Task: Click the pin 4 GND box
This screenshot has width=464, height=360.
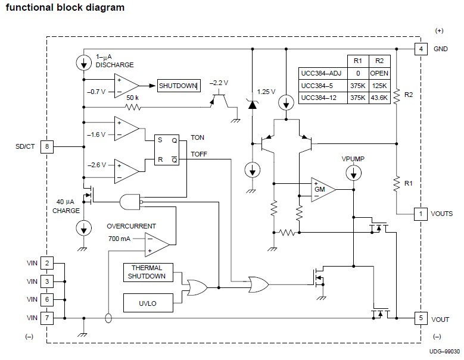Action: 421,49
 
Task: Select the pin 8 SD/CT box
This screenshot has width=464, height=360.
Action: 47,146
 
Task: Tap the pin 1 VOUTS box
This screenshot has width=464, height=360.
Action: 421,214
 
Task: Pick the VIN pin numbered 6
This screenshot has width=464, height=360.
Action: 47,299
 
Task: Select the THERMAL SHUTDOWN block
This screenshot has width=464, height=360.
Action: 147,272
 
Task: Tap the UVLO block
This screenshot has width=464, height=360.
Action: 147,303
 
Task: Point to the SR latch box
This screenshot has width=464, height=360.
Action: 167,151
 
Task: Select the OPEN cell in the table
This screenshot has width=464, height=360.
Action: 379,73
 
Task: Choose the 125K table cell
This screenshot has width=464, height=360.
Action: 379,86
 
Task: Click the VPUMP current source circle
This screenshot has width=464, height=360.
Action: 354,174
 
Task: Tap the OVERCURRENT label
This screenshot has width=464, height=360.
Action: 132,227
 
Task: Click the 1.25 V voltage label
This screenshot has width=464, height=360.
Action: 266,92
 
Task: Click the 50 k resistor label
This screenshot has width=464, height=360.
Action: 132,96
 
